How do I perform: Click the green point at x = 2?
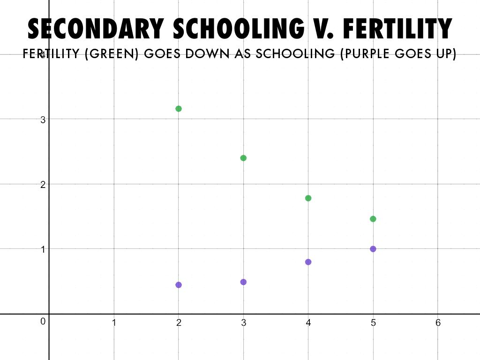(179, 109)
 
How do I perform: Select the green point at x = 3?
(243, 158)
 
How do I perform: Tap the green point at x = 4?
(308, 198)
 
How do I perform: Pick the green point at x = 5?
(373, 219)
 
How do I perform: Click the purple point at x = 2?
(179, 285)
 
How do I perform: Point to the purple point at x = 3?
(243, 282)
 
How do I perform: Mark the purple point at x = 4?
(308, 262)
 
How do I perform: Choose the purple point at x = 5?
(373, 249)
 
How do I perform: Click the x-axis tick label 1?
(114, 323)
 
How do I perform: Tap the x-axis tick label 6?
(438, 323)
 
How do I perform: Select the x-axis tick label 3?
(244, 323)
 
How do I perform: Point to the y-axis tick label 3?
(43, 120)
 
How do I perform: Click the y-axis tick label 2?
(43, 185)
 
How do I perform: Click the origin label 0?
(43, 322)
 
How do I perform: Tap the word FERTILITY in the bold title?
(397, 29)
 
